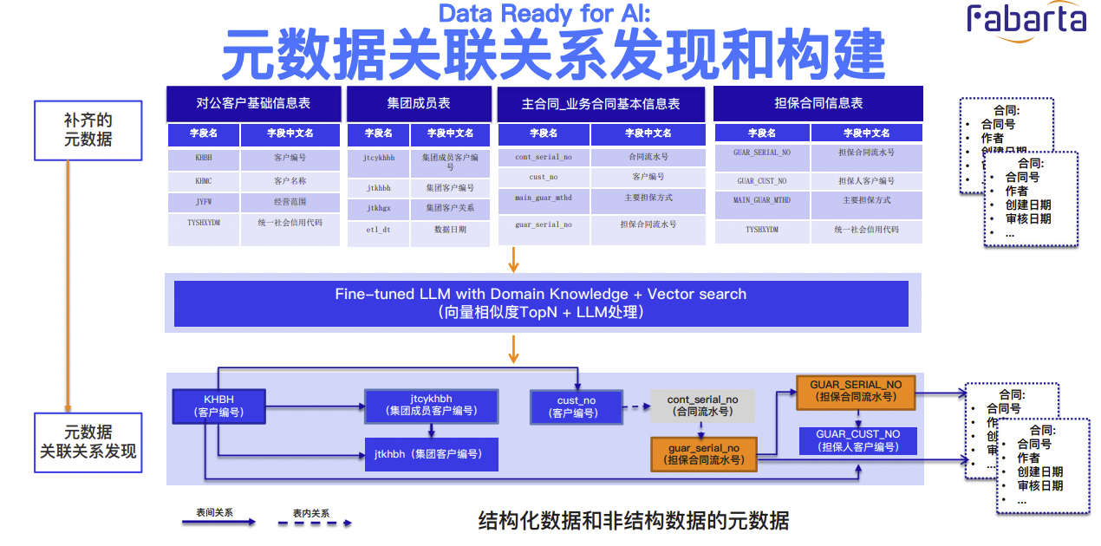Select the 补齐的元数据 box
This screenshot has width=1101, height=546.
click(88, 130)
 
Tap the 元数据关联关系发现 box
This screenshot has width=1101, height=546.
click(88, 441)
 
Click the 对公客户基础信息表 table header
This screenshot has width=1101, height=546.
click(253, 103)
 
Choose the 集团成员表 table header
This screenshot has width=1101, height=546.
click(419, 103)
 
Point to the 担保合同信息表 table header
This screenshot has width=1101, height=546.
click(818, 103)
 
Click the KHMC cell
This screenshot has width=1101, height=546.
click(203, 181)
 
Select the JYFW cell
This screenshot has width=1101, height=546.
click(203, 202)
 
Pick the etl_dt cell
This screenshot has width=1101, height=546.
click(379, 230)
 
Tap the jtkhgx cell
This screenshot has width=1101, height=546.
click(379, 209)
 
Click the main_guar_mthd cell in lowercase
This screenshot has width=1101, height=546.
click(544, 198)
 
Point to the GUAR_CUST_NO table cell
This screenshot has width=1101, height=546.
click(762, 181)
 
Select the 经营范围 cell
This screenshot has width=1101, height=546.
click(290, 202)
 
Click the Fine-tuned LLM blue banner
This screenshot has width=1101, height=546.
click(541, 302)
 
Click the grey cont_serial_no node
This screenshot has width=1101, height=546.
click(702, 406)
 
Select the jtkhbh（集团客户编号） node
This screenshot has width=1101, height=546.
click(431, 454)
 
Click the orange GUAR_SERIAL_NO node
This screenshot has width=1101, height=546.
click(856, 391)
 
